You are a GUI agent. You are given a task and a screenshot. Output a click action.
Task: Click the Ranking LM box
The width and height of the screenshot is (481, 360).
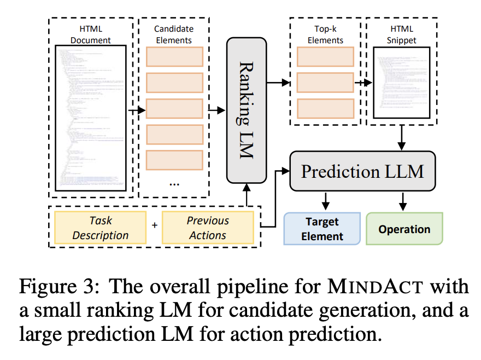point(246,109)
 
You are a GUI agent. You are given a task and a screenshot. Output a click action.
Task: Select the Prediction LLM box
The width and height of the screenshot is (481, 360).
point(362,171)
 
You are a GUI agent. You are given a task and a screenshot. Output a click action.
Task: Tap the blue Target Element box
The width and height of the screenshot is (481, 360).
point(322,229)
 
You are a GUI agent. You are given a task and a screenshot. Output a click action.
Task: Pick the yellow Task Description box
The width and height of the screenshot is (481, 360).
point(100,228)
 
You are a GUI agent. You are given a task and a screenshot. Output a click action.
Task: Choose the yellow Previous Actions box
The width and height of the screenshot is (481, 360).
point(208,228)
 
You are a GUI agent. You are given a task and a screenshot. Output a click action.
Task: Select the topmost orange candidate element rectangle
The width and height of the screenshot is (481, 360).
point(174,57)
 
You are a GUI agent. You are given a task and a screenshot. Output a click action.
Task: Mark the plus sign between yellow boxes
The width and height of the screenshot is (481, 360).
point(154,225)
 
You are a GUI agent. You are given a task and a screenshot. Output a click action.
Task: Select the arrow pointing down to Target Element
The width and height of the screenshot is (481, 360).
point(326,200)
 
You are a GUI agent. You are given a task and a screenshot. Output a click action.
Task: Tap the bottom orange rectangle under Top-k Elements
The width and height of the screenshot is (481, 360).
point(325,108)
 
